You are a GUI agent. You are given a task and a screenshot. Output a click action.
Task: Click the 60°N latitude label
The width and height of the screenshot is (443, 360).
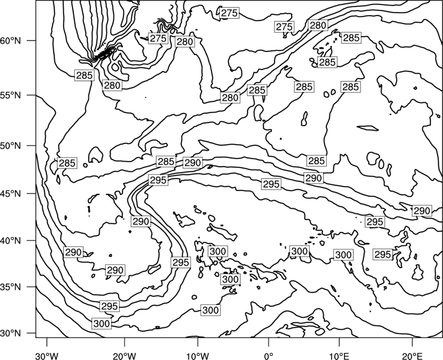(11, 41)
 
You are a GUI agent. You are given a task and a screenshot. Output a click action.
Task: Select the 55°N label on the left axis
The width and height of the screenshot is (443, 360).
(11, 95)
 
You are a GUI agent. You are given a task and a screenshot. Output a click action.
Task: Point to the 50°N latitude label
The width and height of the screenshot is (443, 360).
(11, 146)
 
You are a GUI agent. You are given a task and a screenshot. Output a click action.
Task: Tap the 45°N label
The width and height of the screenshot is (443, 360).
(11, 193)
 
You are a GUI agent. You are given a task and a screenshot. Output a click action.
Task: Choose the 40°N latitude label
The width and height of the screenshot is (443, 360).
(11, 241)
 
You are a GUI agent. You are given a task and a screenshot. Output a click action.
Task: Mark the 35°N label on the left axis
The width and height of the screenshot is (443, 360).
(11, 287)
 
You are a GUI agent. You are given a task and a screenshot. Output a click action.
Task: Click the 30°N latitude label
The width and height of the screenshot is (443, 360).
(11, 333)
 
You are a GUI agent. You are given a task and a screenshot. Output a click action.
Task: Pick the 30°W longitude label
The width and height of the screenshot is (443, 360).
(47, 356)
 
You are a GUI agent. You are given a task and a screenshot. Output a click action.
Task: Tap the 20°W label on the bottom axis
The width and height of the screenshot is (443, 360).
(124, 356)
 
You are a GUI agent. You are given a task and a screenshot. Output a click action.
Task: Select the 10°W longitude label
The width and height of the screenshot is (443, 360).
(197, 356)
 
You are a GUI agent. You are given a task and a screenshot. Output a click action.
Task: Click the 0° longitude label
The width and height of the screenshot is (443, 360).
(269, 356)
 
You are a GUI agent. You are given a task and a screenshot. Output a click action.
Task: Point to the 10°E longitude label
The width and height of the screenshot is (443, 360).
(339, 356)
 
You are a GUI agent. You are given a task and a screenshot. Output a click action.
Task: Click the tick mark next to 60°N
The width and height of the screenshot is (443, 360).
(32, 40)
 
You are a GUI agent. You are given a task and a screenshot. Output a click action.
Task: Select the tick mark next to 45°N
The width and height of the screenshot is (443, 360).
(32, 193)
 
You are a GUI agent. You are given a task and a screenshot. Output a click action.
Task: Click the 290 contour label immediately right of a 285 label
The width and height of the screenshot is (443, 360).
(193, 163)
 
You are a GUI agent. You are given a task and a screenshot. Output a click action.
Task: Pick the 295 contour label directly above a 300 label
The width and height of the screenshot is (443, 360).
(109, 306)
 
